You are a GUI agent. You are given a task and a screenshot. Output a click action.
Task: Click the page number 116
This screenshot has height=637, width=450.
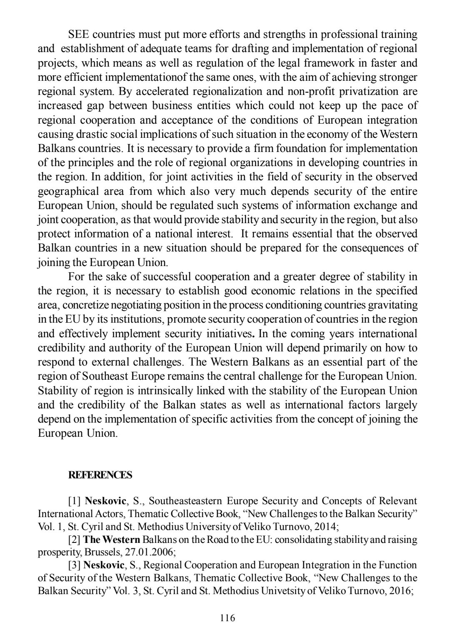(x=227, y=618)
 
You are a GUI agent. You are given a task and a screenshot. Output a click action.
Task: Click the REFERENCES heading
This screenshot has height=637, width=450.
(x=100, y=475)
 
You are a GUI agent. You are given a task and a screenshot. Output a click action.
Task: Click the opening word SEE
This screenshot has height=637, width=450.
(x=78, y=34)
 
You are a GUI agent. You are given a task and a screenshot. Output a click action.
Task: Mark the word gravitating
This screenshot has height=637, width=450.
(x=392, y=305)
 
